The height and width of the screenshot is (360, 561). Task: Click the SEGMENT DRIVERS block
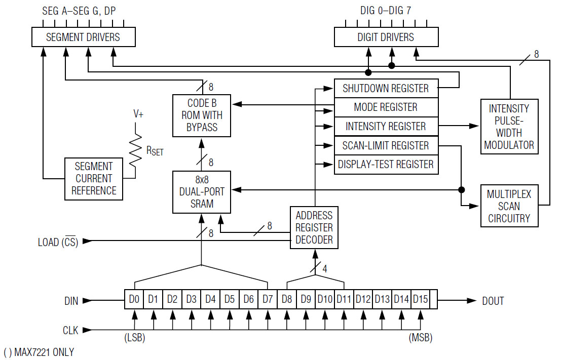pos(83,37)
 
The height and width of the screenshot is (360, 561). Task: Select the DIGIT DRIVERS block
pos(386,37)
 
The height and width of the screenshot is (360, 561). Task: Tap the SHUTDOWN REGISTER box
pos(386,88)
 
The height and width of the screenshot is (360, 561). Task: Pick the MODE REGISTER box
pos(386,107)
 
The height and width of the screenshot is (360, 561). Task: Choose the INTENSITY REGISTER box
pos(386,126)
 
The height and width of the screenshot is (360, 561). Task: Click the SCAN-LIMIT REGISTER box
pos(386,146)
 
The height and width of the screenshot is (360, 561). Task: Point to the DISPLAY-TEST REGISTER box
pos(386,165)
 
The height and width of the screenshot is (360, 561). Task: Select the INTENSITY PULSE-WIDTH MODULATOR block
pos(509,127)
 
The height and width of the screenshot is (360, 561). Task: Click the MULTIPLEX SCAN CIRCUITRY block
pos(509,206)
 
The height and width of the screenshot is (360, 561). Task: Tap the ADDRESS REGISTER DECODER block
pos(314,227)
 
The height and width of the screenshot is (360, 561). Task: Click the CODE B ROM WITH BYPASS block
pos(202,115)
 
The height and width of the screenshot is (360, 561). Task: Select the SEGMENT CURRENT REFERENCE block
pos(94,178)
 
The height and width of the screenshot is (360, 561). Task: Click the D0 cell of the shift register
pos(134,300)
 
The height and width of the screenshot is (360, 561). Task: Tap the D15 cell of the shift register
pos(420,300)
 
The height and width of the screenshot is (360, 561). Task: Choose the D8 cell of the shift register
pos(287,300)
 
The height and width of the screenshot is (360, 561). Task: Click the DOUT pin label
pos(493,301)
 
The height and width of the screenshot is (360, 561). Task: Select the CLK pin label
pos(70,330)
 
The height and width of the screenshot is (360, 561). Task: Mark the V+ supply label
pos(138,114)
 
